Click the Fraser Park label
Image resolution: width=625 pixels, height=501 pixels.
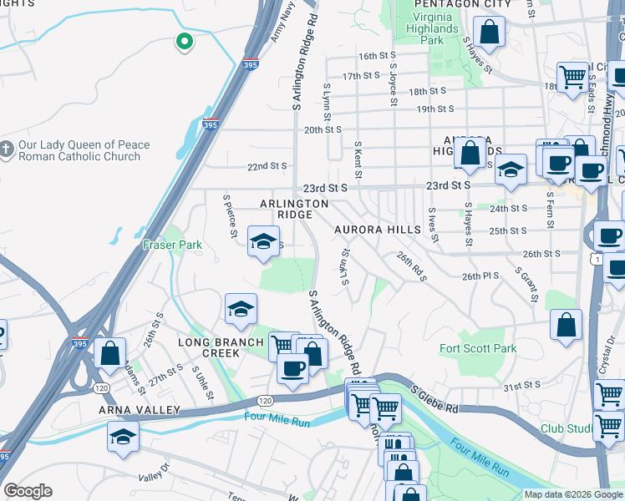[172, 245]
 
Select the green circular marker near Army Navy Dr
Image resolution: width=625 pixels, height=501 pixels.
[183, 40]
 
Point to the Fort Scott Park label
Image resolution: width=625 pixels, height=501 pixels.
[479, 348]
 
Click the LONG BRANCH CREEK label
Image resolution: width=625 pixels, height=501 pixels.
[209, 347]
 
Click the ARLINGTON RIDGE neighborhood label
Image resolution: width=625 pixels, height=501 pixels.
[294, 209]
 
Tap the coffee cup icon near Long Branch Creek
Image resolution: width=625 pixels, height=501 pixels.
[292, 367]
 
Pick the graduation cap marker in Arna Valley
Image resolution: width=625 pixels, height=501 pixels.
[123, 436]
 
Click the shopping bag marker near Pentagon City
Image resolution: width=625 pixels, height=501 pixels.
[489, 33]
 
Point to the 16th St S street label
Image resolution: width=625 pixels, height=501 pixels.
[379, 56]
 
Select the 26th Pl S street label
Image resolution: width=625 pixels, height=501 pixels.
[480, 276]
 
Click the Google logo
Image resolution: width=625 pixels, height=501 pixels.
[28, 491]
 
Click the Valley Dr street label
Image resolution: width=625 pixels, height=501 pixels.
[154, 477]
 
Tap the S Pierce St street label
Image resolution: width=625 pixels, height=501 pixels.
[231, 215]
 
